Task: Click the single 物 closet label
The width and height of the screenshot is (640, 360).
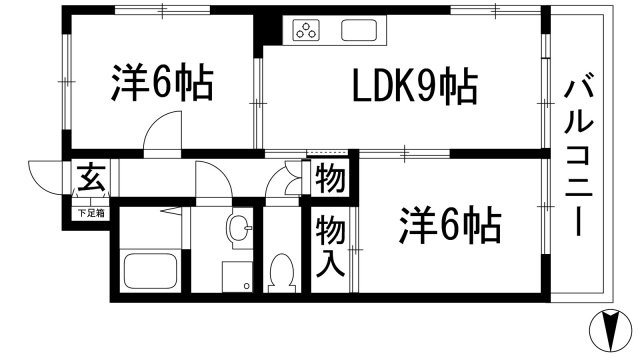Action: [331, 181]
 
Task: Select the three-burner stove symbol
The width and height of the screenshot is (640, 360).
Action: [307, 31]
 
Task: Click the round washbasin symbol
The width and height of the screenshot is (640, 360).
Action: [239, 230]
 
